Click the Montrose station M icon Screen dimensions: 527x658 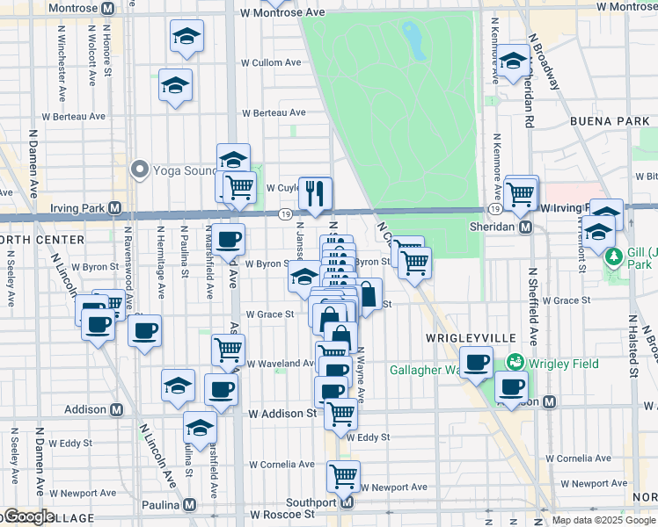click(107, 8)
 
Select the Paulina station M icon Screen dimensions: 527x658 click(189, 506)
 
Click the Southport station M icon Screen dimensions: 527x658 click(347, 502)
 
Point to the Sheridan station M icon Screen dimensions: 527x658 click(525, 227)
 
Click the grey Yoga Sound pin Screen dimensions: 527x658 click(139, 169)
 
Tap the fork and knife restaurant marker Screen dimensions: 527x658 click(315, 193)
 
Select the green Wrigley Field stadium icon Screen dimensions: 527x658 click(516, 362)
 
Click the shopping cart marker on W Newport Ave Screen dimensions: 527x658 click(343, 476)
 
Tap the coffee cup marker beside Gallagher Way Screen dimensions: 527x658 click(477, 362)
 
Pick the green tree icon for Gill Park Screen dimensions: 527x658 click(616, 256)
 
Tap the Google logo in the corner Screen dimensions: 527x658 click(28, 516)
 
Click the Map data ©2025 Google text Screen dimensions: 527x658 click(603, 520)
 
